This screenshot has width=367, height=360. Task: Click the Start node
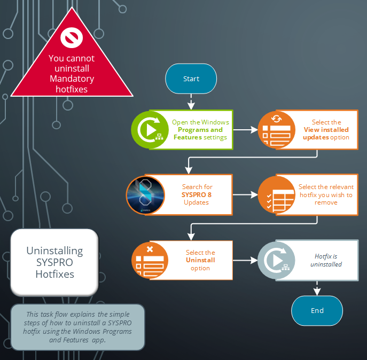click(191, 79)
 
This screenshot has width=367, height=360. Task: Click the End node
click(317, 310)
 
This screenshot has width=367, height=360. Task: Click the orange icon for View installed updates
click(277, 130)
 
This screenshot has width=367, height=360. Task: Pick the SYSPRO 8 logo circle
click(145, 195)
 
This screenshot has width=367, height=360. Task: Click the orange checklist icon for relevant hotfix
click(277, 195)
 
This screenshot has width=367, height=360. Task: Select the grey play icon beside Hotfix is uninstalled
click(277, 261)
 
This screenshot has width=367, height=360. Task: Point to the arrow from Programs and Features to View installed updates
click(245, 130)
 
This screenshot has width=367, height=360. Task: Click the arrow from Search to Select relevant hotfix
click(245, 195)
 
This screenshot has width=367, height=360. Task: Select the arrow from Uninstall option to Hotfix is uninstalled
click(245, 261)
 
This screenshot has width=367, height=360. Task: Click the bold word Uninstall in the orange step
click(200, 260)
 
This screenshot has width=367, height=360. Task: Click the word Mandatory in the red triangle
click(72, 79)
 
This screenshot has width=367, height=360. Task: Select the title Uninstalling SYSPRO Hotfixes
click(54, 262)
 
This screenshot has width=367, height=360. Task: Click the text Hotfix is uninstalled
click(326, 260)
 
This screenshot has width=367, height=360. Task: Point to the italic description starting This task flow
click(78, 327)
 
